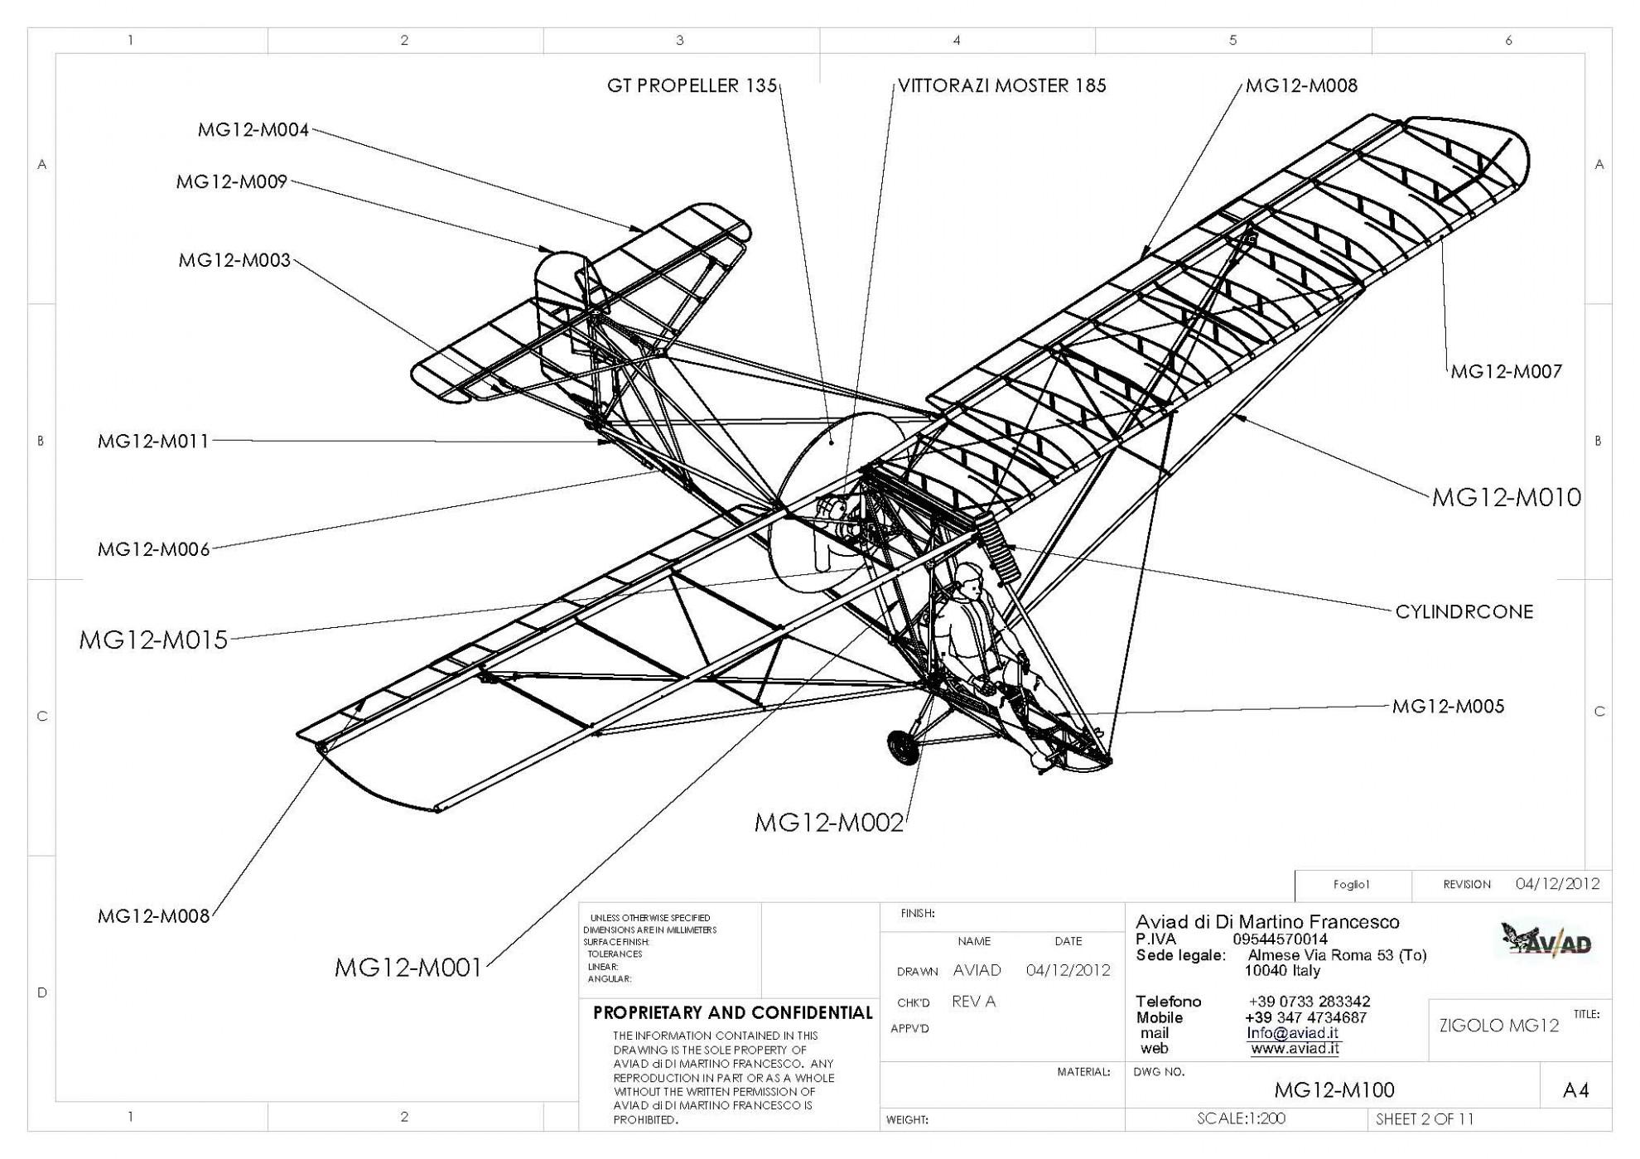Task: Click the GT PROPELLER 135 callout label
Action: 692,85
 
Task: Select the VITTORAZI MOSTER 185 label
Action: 1001,85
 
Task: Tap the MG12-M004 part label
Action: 253,130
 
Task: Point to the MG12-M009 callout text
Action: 231,182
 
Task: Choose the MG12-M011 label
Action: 153,442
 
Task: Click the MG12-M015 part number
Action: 153,640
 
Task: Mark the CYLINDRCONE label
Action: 1464,612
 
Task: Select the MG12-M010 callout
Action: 1506,497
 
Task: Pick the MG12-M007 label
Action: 1506,371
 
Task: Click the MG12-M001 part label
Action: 408,967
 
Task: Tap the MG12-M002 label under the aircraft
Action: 827,823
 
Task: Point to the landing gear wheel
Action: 900,746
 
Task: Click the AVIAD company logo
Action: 1546,941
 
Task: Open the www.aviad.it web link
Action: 1294,1049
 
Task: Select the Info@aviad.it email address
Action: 1292,1033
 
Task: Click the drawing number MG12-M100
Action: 1334,1089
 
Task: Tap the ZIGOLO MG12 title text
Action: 1498,1026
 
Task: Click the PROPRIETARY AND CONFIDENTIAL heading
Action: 732,1012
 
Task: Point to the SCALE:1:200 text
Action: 1241,1118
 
